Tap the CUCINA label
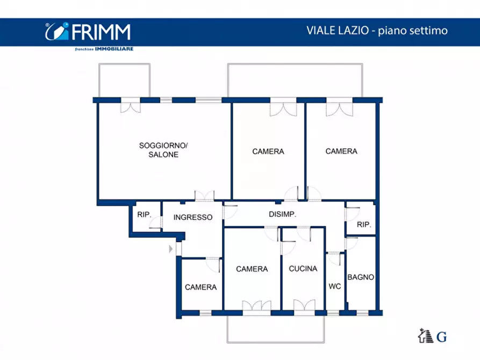point(303,269)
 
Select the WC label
point(334,286)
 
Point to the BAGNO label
point(361,277)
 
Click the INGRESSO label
point(193,218)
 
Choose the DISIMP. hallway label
point(283,214)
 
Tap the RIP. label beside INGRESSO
point(144,214)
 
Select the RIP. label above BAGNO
point(364,225)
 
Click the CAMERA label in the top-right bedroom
point(341,152)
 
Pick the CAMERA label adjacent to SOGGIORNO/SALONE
point(268,152)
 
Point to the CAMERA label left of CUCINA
point(252,269)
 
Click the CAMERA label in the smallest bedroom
point(200,287)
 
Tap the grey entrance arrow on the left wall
point(171,249)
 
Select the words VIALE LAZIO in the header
point(334,31)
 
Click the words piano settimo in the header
point(413,31)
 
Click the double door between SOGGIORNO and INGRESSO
point(204,196)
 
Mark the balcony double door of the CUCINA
point(304,306)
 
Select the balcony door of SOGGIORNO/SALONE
point(131,105)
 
